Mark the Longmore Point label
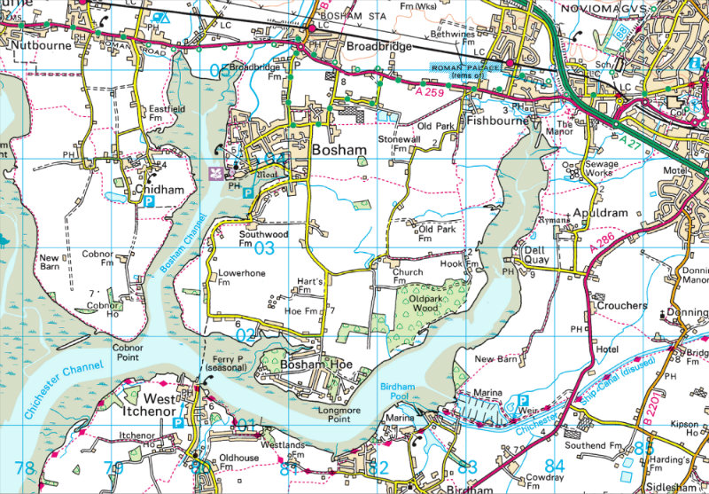(335, 414)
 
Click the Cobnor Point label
(133, 353)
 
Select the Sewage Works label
(602, 169)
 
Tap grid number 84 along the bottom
(555, 467)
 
